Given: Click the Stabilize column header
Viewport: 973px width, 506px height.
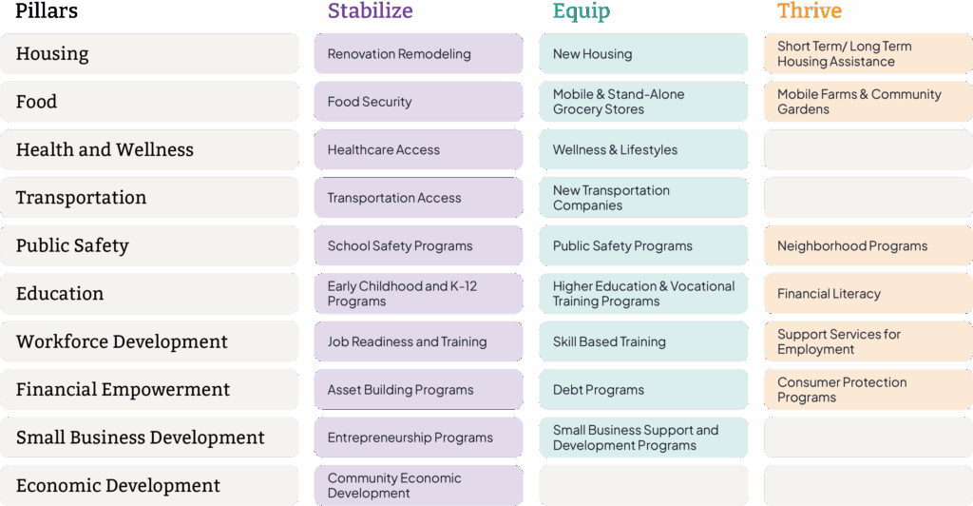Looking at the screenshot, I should pyautogui.click(x=371, y=11).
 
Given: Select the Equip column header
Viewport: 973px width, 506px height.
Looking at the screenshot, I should pyautogui.click(x=582, y=11).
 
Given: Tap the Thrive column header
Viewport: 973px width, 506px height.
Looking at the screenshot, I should pyautogui.click(x=810, y=11).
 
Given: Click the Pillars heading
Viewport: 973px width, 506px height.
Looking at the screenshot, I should pyautogui.click(x=47, y=11).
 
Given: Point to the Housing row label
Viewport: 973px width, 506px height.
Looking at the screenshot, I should pyautogui.click(x=53, y=54).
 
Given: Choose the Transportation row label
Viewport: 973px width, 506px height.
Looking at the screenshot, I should pyautogui.click(x=82, y=198).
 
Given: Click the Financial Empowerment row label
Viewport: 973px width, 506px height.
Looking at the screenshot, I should pyautogui.click(x=124, y=390).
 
